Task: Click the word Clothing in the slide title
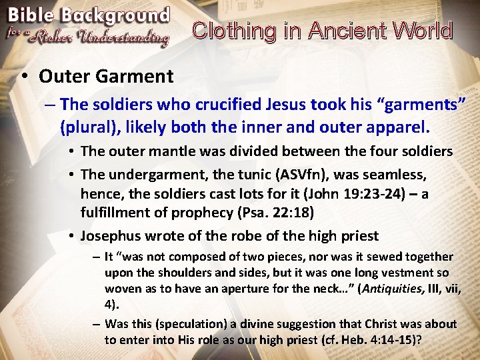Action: coord(233,31)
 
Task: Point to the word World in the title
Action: coord(423,31)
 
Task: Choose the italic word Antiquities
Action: coord(383,288)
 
